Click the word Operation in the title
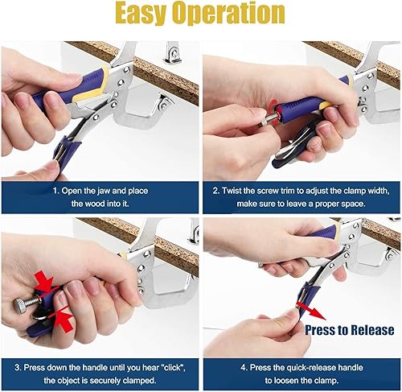click(x=229, y=14)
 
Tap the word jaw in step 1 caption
click(x=102, y=191)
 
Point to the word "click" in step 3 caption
click(x=174, y=367)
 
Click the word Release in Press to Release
click(x=372, y=330)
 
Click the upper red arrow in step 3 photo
click(x=44, y=282)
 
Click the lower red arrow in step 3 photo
click(x=61, y=320)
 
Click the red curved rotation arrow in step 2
click(x=273, y=113)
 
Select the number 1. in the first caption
click(x=55, y=191)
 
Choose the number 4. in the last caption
click(x=244, y=368)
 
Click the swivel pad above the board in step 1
click(x=172, y=53)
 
